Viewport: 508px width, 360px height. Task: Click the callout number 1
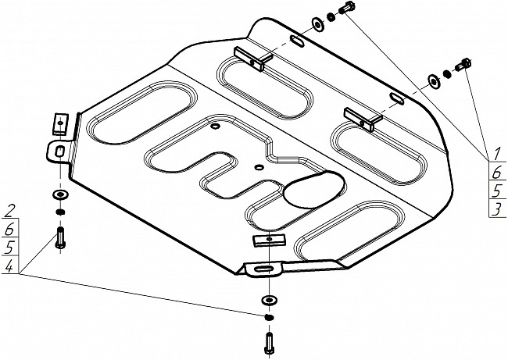click(x=495, y=152)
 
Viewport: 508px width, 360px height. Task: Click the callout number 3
click(x=495, y=209)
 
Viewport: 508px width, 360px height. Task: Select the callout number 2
click(x=10, y=209)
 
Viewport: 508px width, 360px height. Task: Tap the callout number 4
click(x=10, y=268)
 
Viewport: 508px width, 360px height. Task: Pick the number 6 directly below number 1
click(x=495, y=172)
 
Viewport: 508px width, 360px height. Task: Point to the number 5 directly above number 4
click(x=10, y=248)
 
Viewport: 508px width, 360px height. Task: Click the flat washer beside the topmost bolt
click(x=318, y=23)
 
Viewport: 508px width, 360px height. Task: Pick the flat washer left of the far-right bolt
click(x=434, y=80)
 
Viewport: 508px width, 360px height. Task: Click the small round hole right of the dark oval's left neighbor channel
click(x=259, y=166)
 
